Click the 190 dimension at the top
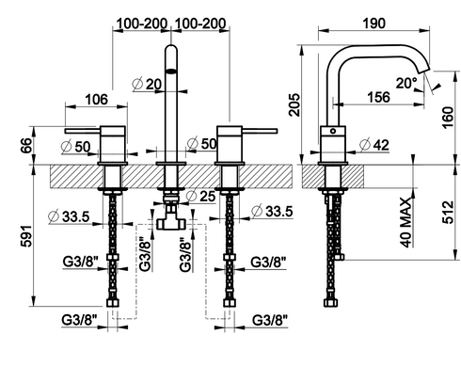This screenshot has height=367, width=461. pyautogui.click(x=374, y=24)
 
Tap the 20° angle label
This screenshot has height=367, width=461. pyautogui.click(x=406, y=83)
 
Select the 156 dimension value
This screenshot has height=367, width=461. pyautogui.click(x=378, y=97)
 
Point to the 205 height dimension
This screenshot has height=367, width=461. pyautogui.click(x=294, y=104)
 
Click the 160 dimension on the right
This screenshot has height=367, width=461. pyautogui.click(x=448, y=118)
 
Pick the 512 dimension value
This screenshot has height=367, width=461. pyautogui.click(x=448, y=213)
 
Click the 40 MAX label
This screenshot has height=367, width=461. pyautogui.click(x=405, y=222)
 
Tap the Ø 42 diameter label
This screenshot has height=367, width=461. pyautogui.click(x=374, y=145)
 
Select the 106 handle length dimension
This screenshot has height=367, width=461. pyautogui.click(x=96, y=100)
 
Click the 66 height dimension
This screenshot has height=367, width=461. pyautogui.click(x=26, y=145)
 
